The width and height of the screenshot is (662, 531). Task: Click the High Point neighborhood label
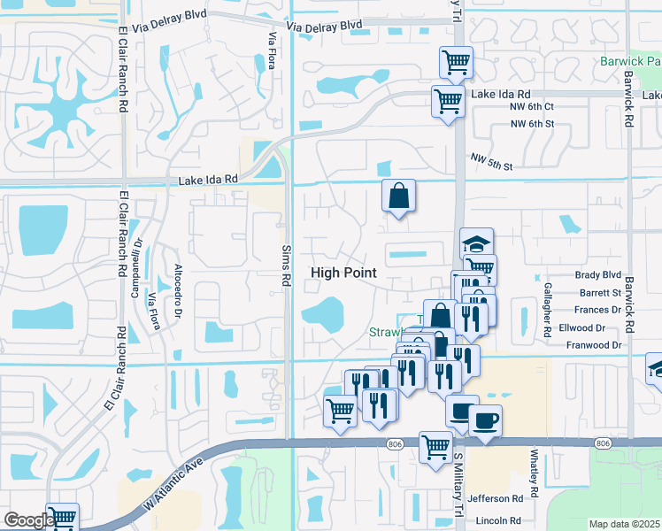coord(343,273)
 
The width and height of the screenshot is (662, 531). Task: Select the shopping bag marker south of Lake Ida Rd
coord(398,196)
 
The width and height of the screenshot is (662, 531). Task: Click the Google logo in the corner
coord(27,520)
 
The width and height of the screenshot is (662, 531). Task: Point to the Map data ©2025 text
coord(625,524)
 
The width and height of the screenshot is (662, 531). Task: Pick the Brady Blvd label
coord(598,275)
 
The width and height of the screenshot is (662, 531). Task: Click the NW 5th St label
coord(492,160)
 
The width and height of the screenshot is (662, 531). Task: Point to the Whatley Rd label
coord(535,473)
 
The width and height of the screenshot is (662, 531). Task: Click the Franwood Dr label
coord(594,345)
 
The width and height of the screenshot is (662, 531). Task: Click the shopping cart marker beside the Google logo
coord(62,517)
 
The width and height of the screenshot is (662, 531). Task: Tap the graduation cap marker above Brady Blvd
coord(476,244)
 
